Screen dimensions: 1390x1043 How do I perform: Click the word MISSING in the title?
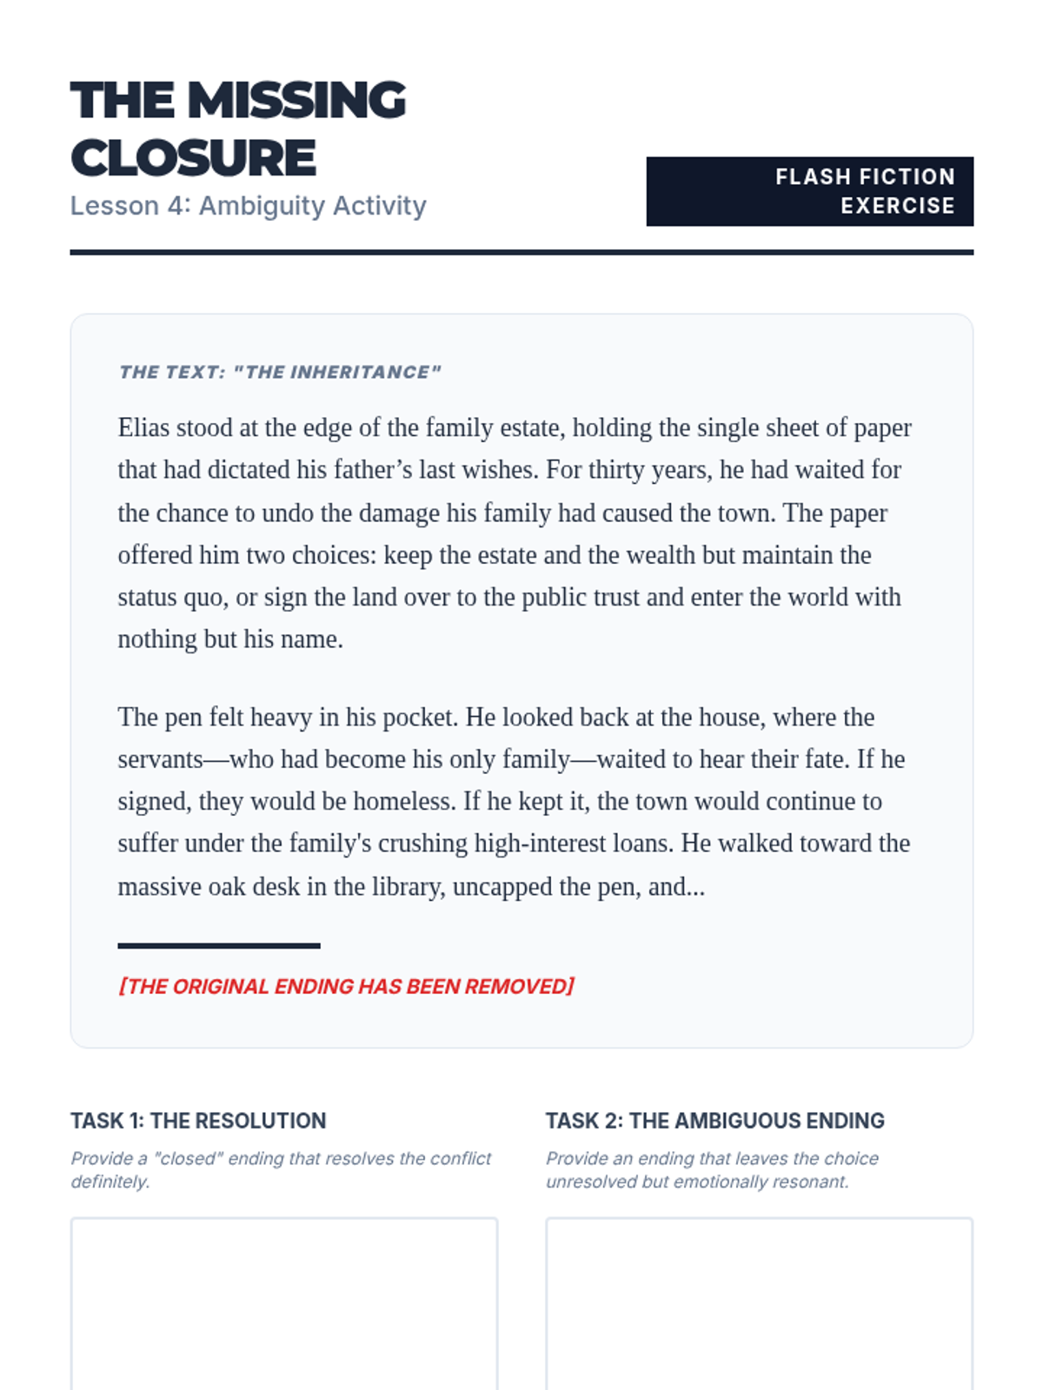pos(296,101)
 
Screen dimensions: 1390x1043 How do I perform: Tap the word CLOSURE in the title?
pos(193,158)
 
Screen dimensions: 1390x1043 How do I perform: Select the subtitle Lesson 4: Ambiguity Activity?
pos(248,206)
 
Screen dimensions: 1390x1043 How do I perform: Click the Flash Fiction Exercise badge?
pos(809,191)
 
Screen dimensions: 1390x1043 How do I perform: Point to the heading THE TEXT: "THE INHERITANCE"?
pos(280,373)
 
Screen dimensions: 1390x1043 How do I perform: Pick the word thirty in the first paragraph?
pos(615,470)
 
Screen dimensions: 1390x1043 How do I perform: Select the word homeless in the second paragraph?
pos(403,801)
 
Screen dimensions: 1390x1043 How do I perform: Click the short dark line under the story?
pos(219,945)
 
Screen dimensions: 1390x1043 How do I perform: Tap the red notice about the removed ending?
pos(346,987)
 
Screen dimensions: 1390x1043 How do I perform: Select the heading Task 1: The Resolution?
pos(198,1121)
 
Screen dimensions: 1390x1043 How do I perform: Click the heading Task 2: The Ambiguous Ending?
pos(714,1121)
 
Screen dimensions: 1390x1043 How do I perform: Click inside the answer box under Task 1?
pos(283,1303)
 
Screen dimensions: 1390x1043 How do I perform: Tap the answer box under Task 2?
pos(759,1303)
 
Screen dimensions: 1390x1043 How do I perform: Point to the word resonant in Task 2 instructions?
pos(813,1182)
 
